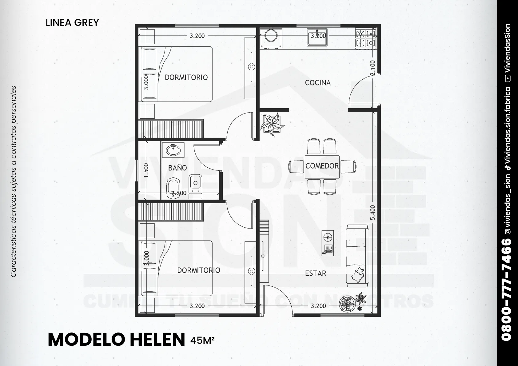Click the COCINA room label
click(318, 83)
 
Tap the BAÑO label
click(177, 168)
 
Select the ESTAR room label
click(316, 273)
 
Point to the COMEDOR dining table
click(322, 167)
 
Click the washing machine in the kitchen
click(271, 38)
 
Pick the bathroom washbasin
click(173, 150)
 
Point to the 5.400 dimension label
click(373, 213)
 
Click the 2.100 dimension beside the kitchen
click(373, 68)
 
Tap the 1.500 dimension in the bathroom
click(146, 171)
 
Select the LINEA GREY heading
click(72, 23)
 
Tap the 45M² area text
click(203, 340)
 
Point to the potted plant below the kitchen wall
click(272, 124)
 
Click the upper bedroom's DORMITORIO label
click(186, 78)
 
